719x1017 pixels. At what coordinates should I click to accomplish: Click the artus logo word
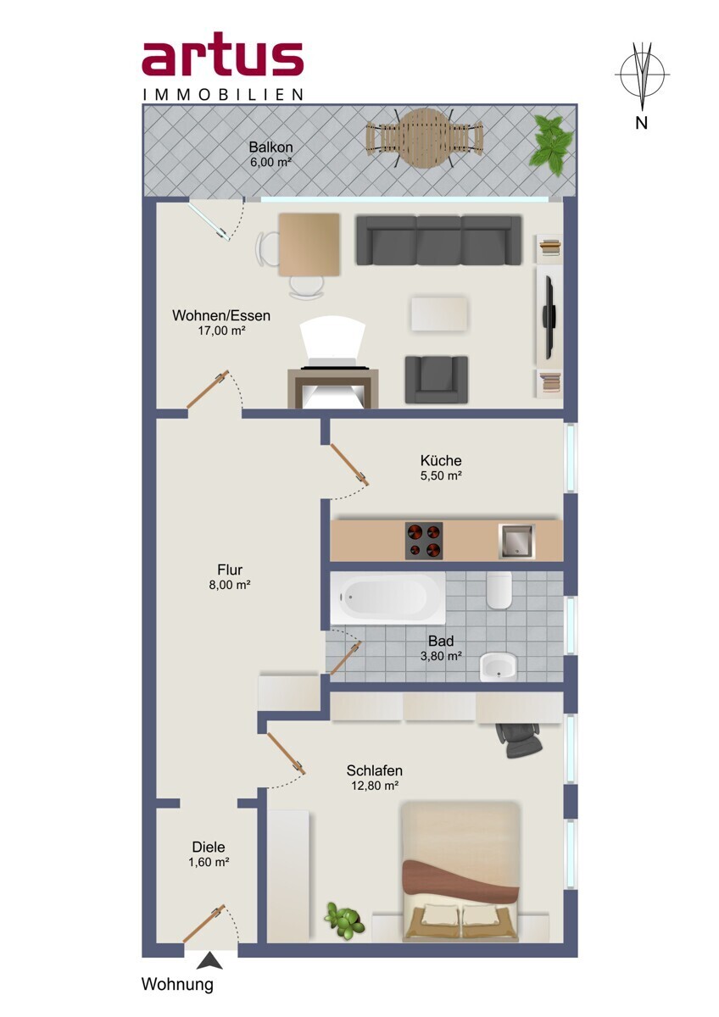(222, 59)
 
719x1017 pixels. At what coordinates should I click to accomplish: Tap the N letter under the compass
(641, 123)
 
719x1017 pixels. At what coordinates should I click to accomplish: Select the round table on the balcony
(425, 138)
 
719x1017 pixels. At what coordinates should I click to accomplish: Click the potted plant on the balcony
(552, 143)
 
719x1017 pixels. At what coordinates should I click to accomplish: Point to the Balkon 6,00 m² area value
(270, 162)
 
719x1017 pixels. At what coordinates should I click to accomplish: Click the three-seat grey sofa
(438, 240)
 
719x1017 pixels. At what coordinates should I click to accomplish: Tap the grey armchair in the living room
(437, 380)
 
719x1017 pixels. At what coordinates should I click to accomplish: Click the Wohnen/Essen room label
(221, 315)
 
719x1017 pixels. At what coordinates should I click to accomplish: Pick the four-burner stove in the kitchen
(424, 541)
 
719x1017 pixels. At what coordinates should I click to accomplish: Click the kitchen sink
(517, 542)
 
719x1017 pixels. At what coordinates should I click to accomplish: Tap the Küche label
(441, 460)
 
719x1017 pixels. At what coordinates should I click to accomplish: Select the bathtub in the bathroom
(387, 597)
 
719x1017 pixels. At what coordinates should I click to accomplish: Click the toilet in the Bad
(499, 590)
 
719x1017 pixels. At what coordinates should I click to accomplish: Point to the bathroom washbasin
(499, 667)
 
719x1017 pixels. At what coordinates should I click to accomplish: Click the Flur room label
(230, 570)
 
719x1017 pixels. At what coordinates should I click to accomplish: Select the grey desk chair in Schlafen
(519, 741)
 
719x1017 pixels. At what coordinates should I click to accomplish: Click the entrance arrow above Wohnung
(209, 960)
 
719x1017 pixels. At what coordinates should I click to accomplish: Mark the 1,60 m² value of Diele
(209, 862)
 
